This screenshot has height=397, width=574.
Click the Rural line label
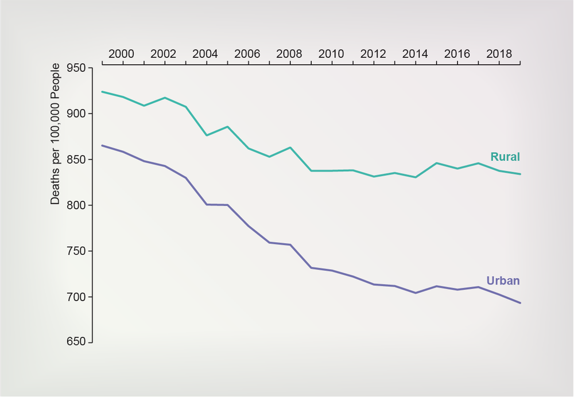pyautogui.click(x=505, y=157)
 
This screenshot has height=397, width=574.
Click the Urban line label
pyautogui.click(x=503, y=281)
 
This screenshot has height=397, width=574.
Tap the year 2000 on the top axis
pyautogui.click(x=122, y=54)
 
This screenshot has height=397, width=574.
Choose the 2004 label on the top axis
pyautogui.click(x=205, y=54)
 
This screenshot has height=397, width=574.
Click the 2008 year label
pyautogui.click(x=289, y=54)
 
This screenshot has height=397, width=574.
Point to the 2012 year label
pyautogui.click(x=373, y=54)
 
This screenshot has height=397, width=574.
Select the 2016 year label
pyautogui.click(x=457, y=54)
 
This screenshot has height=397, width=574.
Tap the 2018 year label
pyautogui.click(x=499, y=54)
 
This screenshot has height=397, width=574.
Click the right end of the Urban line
pyautogui.click(x=520, y=303)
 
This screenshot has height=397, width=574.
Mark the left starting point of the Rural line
pyautogui.click(x=102, y=92)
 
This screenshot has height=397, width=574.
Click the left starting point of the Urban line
pyautogui.click(x=102, y=146)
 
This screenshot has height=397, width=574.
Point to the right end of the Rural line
pyautogui.click(x=520, y=174)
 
